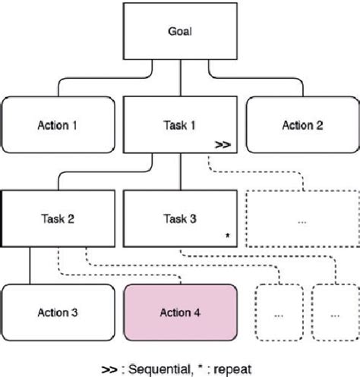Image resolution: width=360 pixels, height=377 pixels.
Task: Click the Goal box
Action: pos(179,33)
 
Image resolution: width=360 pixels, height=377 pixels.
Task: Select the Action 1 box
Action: pos(58,124)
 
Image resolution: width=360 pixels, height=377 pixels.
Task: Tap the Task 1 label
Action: pos(179,124)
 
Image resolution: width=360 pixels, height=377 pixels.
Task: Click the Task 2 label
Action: pos(58,218)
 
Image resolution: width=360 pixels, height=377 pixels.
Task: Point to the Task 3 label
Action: pos(179,218)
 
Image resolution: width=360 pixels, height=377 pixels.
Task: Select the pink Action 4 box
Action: pos(179,311)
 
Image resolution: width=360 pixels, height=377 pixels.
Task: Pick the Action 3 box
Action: pos(58,311)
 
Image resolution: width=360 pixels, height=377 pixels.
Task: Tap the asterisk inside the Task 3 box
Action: pos(227,236)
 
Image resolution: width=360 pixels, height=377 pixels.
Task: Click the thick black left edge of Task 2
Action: pos(2,218)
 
